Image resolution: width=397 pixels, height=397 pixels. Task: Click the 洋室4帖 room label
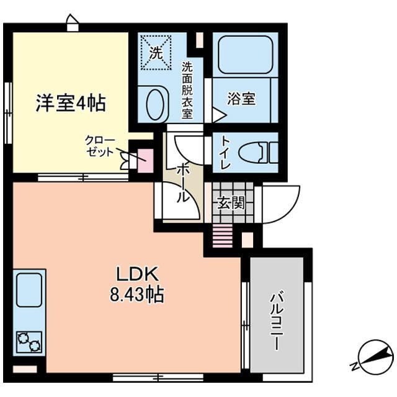click(71, 103)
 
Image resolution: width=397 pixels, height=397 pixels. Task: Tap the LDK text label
click(137, 274)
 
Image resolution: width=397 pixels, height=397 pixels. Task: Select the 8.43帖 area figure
click(137, 294)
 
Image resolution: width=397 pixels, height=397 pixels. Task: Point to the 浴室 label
click(241, 99)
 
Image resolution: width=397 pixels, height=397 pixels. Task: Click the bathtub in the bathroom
click(245, 55)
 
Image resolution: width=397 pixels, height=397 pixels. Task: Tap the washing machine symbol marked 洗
click(156, 53)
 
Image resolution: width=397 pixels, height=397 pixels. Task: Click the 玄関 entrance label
click(231, 203)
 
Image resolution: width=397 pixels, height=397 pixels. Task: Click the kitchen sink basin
click(29, 290)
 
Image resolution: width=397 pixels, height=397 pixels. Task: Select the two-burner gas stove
click(29, 342)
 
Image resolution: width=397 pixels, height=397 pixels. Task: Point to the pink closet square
click(145, 161)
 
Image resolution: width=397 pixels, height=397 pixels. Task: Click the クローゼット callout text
click(100, 146)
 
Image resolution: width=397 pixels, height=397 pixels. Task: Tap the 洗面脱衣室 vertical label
click(187, 91)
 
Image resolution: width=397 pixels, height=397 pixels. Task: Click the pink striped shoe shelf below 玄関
click(223, 236)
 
